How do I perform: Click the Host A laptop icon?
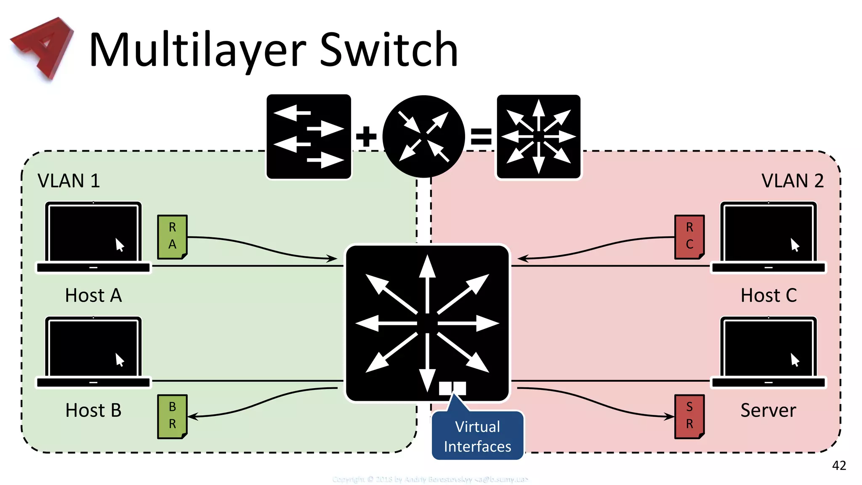(x=93, y=237)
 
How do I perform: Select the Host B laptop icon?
(x=93, y=352)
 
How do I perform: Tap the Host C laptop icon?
(x=769, y=237)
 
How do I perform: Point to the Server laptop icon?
(x=769, y=352)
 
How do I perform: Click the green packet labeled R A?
(x=172, y=237)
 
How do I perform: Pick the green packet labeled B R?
(x=172, y=416)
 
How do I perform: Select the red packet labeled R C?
(x=689, y=237)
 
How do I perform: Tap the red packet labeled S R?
(x=689, y=416)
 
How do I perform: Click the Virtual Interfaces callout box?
(x=477, y=436)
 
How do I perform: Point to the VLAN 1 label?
(x=69, y=181)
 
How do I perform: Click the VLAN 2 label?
(x=792, y=181)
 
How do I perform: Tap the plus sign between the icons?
(x=366, y=136)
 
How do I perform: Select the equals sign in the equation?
(x=481, y=136)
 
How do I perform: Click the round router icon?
(x=424, y=136)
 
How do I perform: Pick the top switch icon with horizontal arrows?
(x=309, y=136)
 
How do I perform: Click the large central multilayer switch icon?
(x=427, y=323)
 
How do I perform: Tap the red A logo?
(x=42, y=47)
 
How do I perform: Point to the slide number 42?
(x=839, y=465)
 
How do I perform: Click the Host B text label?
(x=93, y=410)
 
